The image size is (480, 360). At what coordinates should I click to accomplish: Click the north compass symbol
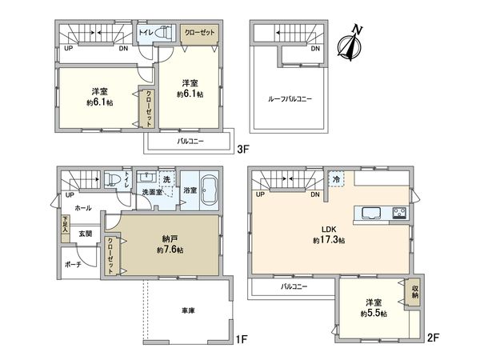click(350, 42)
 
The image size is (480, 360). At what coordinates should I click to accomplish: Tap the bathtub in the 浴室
click(210, 190)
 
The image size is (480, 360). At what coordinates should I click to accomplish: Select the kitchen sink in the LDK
click(371, 213)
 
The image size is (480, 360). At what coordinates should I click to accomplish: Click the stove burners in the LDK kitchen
click(400, 213)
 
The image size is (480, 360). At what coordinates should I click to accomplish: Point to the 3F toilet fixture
click(164, 33)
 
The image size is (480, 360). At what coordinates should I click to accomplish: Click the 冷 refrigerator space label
click(336, 179)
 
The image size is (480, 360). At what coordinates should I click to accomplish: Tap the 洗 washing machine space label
click(166, 179)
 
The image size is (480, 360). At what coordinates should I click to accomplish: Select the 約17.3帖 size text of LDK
click(329, 240)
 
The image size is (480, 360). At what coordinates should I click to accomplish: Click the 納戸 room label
click(170, 238)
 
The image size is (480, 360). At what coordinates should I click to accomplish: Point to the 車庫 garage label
click(188, 310)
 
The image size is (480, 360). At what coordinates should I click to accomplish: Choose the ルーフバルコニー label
click(290, 99)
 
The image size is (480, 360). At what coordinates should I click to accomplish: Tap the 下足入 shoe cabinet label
click(66, 224)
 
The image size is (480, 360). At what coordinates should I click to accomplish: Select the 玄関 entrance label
click(86, 234)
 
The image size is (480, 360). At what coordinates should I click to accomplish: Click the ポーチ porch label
click(73, 265)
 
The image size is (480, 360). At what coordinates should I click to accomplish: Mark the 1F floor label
click(242, 339)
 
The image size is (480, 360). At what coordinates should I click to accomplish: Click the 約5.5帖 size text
click(374, 314)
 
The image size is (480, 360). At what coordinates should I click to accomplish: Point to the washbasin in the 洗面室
click(147, 177)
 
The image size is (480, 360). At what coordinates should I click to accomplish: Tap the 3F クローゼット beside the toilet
click(199, 33)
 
